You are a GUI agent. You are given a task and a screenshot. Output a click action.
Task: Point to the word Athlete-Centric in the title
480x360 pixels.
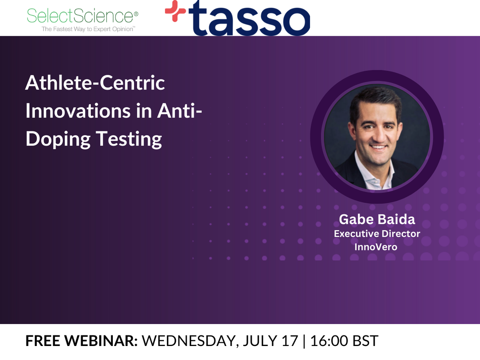(x=95, y=83)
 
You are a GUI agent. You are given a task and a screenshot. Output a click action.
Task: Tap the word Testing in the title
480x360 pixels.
(x=128, y=140)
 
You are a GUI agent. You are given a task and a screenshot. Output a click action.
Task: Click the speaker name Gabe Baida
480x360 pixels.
(x=377, y=219)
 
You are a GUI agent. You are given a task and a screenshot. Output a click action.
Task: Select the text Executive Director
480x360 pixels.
(x=377, y=234)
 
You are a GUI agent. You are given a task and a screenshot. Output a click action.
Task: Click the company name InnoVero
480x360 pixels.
(x=376, y=247)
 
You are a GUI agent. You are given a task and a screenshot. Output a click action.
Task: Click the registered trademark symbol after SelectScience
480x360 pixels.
(x=136, y=14)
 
